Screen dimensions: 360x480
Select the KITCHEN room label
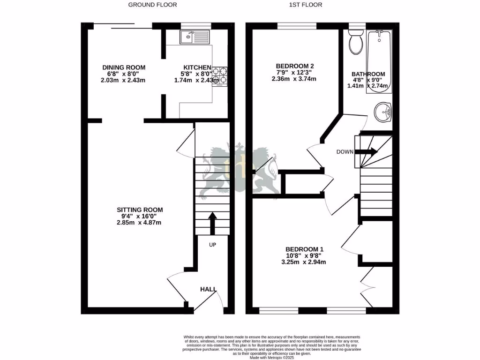tap(197, 67)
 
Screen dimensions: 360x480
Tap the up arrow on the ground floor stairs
tap(212, 223)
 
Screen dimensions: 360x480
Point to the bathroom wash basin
tap(384, 112)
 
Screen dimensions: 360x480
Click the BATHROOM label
tap(368, 74)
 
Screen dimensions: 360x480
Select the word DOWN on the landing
tap(345, 152)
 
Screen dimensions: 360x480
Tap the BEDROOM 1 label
tap(305, 249)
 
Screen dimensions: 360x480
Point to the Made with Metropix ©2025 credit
tap(271, 358)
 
